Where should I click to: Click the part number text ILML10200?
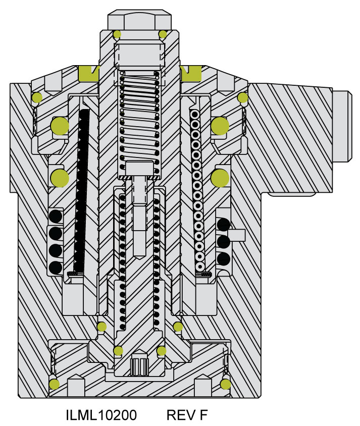click(x=101, y=414)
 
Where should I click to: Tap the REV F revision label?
click(x=187, y=414)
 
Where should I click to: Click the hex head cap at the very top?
click(x=139, y=20)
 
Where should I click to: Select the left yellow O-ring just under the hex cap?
click(x=117, y=34)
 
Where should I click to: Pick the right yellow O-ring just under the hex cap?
click(x=163, y=34)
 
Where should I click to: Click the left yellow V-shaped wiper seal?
click(x=88, y=74)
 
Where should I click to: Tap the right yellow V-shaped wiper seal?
click(x=190, y=74)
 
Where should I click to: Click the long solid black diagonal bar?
click(x=81, y=191)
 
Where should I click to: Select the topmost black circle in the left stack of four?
click(x=56, y=217)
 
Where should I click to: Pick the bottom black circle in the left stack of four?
click(x=56, y=268)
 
